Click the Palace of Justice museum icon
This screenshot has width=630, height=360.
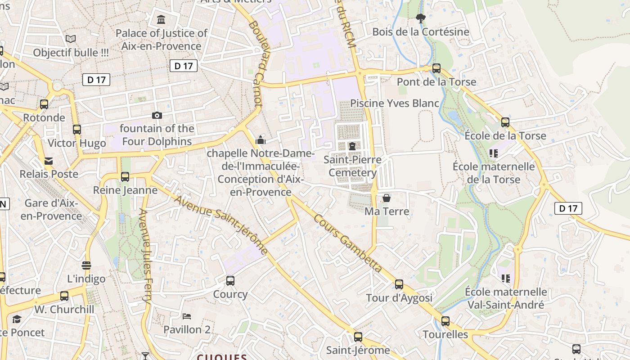point(161,19)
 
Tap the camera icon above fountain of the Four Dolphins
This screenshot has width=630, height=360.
point(157,116)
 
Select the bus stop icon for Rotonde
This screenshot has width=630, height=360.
point(44,104)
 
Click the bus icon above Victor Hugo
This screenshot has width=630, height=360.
point(77,130)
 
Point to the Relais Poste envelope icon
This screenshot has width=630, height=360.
point(49,161)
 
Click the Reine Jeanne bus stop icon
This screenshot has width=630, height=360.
point(125,177)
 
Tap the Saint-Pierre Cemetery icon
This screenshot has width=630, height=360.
point(352,146)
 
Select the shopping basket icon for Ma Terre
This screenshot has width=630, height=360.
point(386,198)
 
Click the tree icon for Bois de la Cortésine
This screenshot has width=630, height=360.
point(421,18)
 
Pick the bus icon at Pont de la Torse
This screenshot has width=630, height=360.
point(436,68)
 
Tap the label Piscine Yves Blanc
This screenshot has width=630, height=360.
point(394,103)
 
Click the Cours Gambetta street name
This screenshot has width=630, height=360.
point(347,243)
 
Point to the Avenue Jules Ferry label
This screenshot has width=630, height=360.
point(145,256)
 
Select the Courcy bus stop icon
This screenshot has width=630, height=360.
point(230,281)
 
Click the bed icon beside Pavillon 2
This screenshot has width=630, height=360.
point(187,316)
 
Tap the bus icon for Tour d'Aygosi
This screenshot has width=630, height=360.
point(399,284)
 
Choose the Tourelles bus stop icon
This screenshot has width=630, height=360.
point(445,321)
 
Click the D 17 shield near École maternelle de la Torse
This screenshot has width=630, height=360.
point(568,208)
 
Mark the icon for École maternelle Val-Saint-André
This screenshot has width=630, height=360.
point(506,279)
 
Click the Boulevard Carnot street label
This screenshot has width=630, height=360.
point(255,63)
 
